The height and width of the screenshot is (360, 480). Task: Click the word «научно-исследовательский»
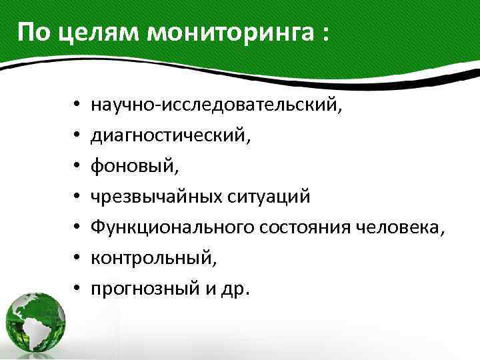click(217, 105)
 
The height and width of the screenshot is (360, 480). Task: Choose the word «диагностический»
click(171, 136)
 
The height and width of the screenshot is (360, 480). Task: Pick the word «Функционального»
click(177, 228)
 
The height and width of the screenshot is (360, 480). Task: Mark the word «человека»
click(400, 228)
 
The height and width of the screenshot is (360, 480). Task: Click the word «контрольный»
click(153, 259)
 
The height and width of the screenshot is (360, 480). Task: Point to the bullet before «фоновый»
click(77, 167)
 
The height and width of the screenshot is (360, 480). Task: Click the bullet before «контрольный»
click(77, 259)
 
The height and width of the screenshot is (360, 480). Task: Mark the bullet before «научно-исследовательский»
click(77, 105)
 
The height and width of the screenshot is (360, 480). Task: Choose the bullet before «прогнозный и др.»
click(77, 289)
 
